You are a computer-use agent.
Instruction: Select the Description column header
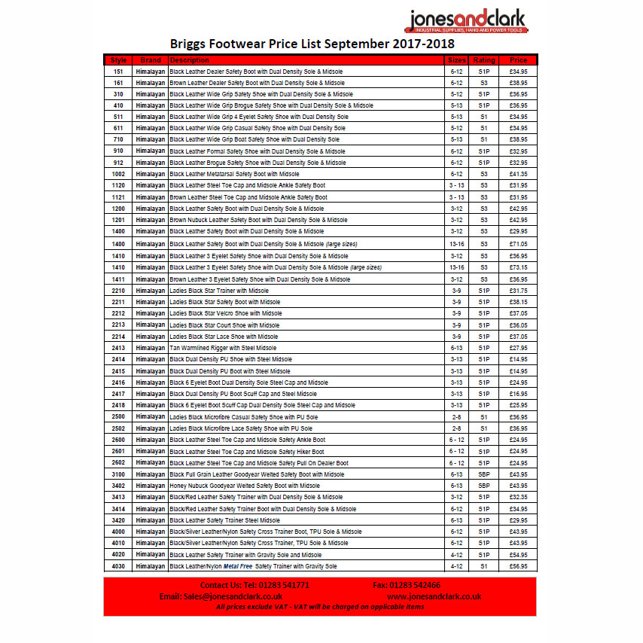point(189,59)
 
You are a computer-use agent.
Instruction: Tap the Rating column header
point(484,59)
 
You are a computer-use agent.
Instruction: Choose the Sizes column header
point(457,59)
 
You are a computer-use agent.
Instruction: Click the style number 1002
point(118,174)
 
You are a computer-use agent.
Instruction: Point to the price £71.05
point(518,244)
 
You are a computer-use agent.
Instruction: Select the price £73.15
point(518,267)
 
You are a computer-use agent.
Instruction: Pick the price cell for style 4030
point(518,566)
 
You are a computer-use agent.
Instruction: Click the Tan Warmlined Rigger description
point(223,348)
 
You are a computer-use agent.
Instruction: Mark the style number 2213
point(118,325)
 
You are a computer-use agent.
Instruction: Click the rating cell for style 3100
point(484,474)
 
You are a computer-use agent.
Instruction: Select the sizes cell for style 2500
point(457,416)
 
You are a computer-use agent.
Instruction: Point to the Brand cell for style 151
point(151,71)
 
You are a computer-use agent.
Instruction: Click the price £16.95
point(518,394)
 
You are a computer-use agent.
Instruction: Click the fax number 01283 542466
point(417,585)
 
